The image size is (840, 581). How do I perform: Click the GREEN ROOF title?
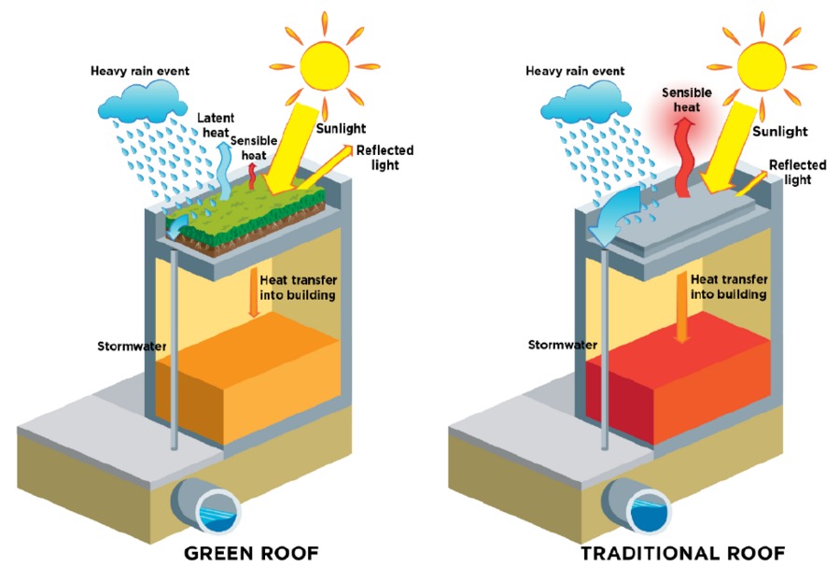click(251, 553)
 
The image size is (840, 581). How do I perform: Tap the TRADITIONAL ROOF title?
click(683, 553)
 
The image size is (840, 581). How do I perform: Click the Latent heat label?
click(216, 125)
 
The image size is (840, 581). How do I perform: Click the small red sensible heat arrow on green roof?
click(252, 176)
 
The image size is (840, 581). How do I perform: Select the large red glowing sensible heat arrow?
click(684, 157)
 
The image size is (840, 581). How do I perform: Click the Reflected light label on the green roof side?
click(385, 158)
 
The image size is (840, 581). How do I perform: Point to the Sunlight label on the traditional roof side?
click(779, 132)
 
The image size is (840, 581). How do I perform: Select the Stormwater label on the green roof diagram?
click(132, 347)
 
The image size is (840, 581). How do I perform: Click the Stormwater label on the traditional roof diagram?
click(563, 345)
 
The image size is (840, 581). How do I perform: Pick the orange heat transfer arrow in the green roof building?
click(253, 293)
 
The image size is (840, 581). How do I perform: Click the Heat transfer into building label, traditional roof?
click(729, 287)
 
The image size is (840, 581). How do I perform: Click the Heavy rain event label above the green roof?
click(140, 71)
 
